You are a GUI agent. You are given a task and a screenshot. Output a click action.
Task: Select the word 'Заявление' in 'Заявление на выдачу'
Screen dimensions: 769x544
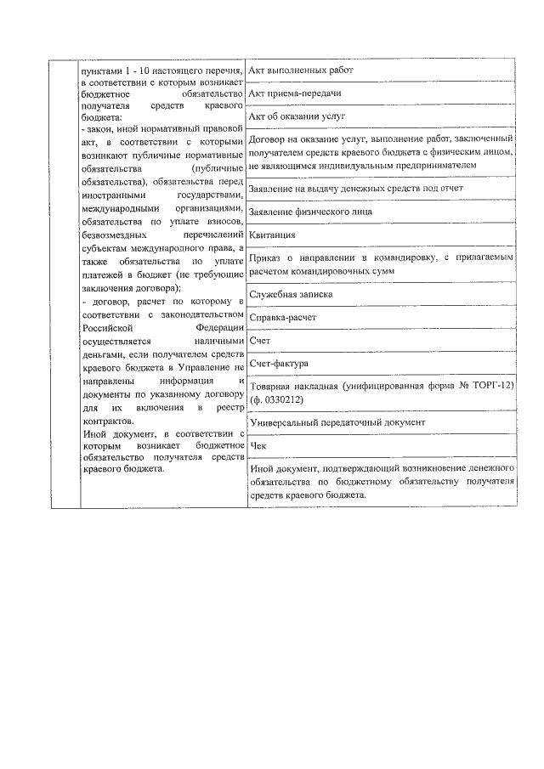273,187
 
